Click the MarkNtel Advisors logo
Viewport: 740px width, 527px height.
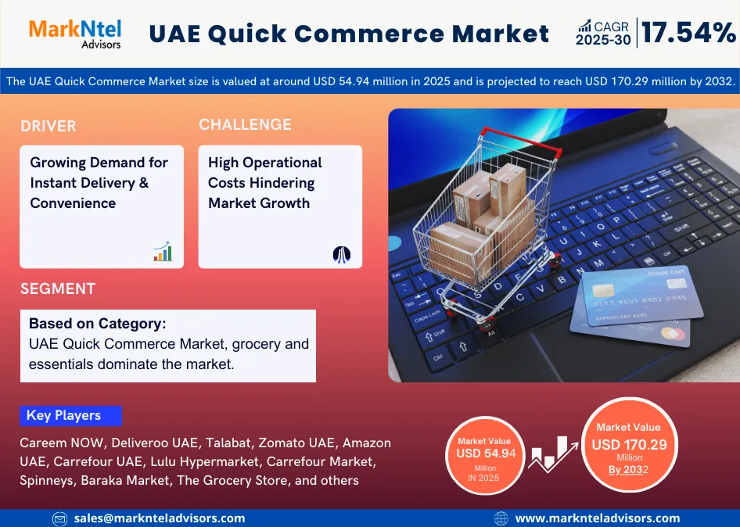coord(75,34)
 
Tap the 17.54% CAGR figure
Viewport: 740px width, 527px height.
coord(688,33)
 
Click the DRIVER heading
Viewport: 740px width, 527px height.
coord(48,126)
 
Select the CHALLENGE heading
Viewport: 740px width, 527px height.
coord(245,124)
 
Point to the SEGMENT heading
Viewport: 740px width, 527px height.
coord(58,289)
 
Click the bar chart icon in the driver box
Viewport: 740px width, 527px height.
coord(163,252)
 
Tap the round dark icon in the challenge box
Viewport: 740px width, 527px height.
coord(342,254)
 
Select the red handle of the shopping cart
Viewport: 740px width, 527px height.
coord(520,141)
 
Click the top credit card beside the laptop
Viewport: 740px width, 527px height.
coord(642,296)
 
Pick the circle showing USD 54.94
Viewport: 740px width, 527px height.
coord(485,455)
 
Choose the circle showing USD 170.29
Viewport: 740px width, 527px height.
coord(629,444)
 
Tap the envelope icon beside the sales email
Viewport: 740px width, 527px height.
coord(59,519)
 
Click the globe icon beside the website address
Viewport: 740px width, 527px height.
coord(501,518)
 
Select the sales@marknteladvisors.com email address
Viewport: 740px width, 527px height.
coord(160,518)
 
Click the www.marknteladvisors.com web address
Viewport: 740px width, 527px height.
coord(598,518)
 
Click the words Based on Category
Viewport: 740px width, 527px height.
coord(98,324)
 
